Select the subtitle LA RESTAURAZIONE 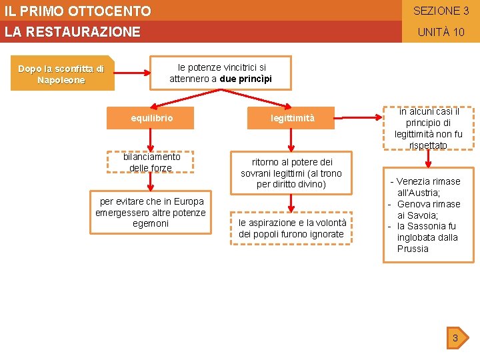73,32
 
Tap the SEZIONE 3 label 441,11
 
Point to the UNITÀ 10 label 441,32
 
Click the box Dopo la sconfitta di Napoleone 61,75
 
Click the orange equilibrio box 151,119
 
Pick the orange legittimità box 292,119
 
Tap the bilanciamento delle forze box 151,162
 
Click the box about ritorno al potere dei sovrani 291,173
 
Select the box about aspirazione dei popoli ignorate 291,228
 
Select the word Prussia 413,249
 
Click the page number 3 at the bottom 455,338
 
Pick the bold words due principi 246,79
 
